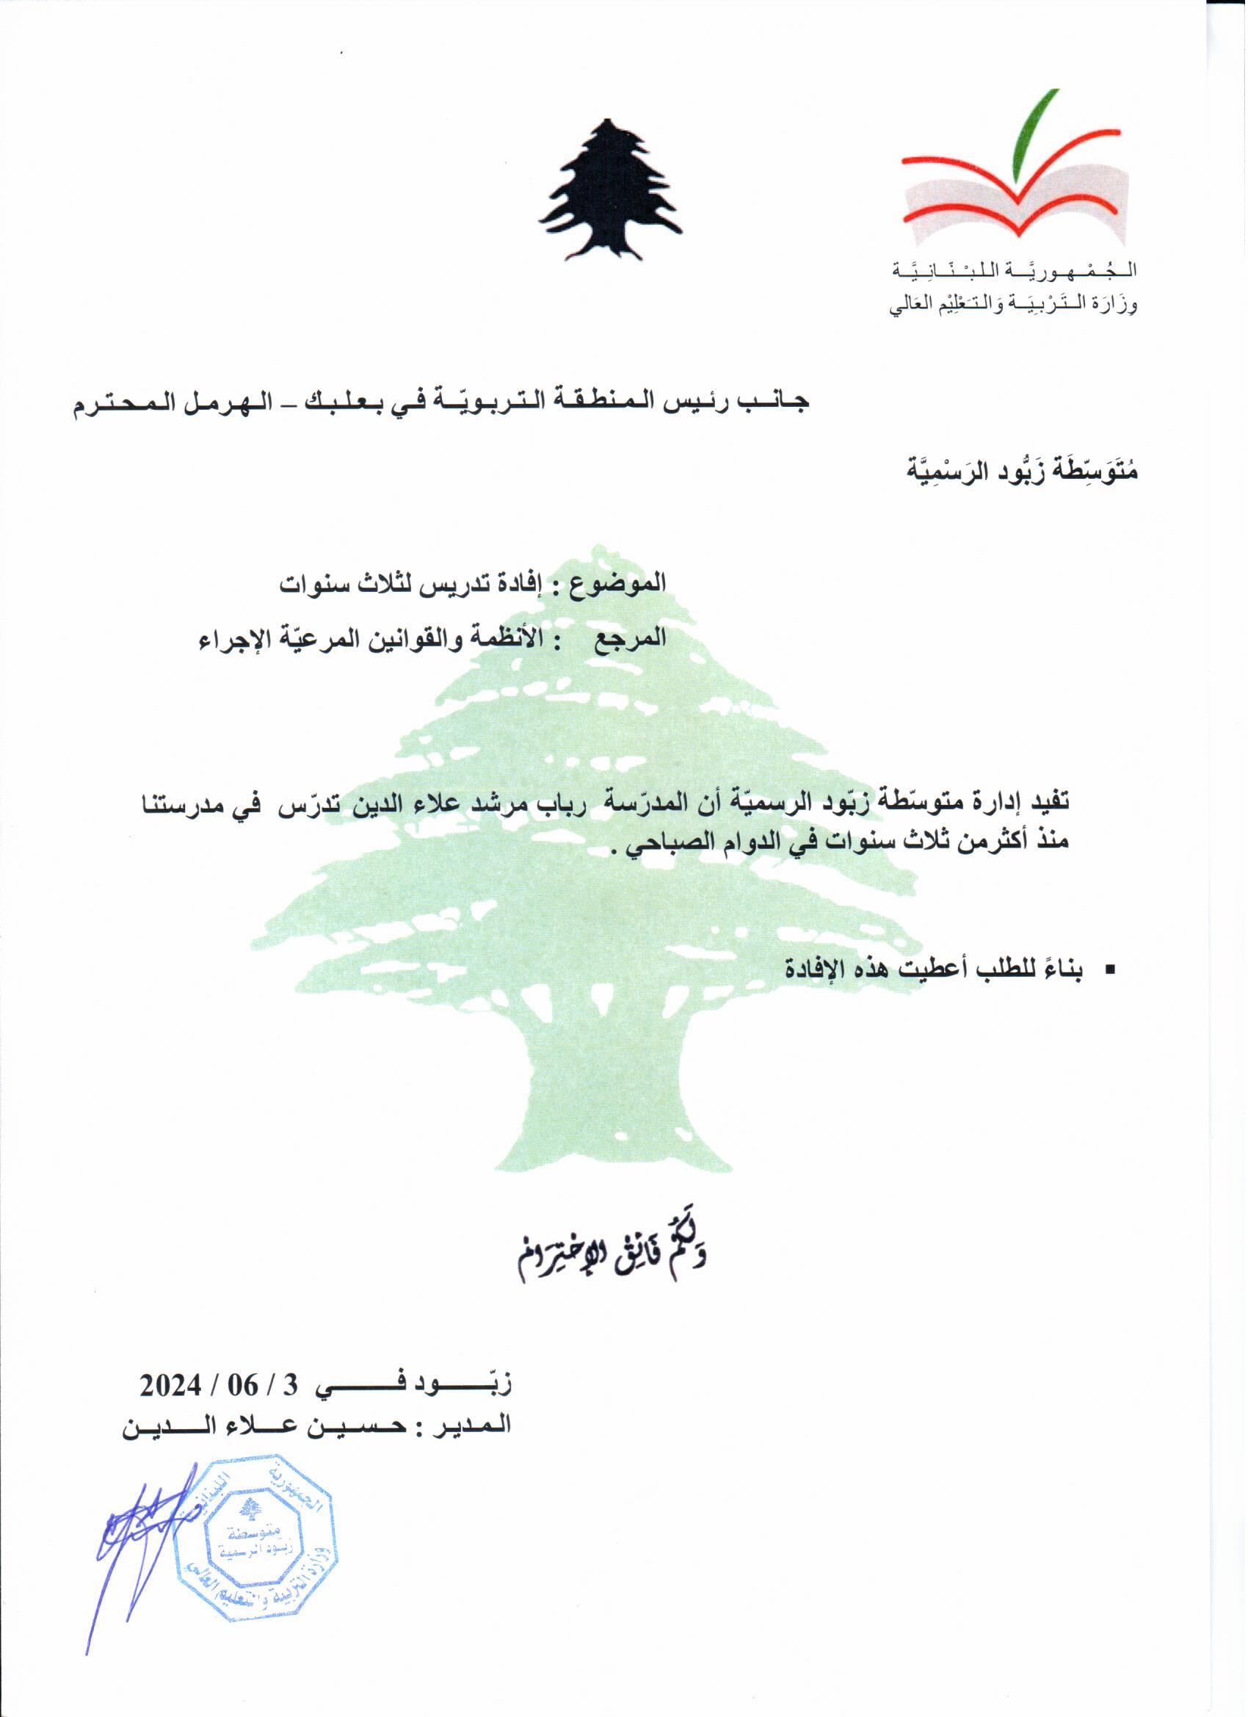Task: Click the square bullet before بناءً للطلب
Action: (x=1111, y=970)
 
